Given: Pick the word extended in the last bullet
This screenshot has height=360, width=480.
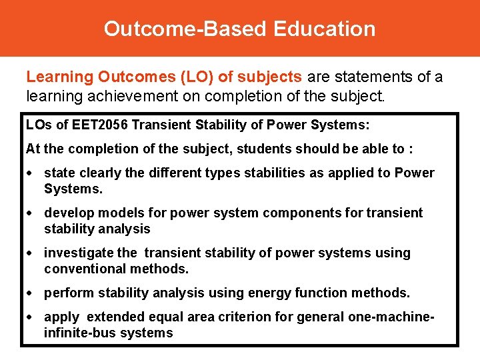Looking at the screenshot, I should click(x=114, y=317).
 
